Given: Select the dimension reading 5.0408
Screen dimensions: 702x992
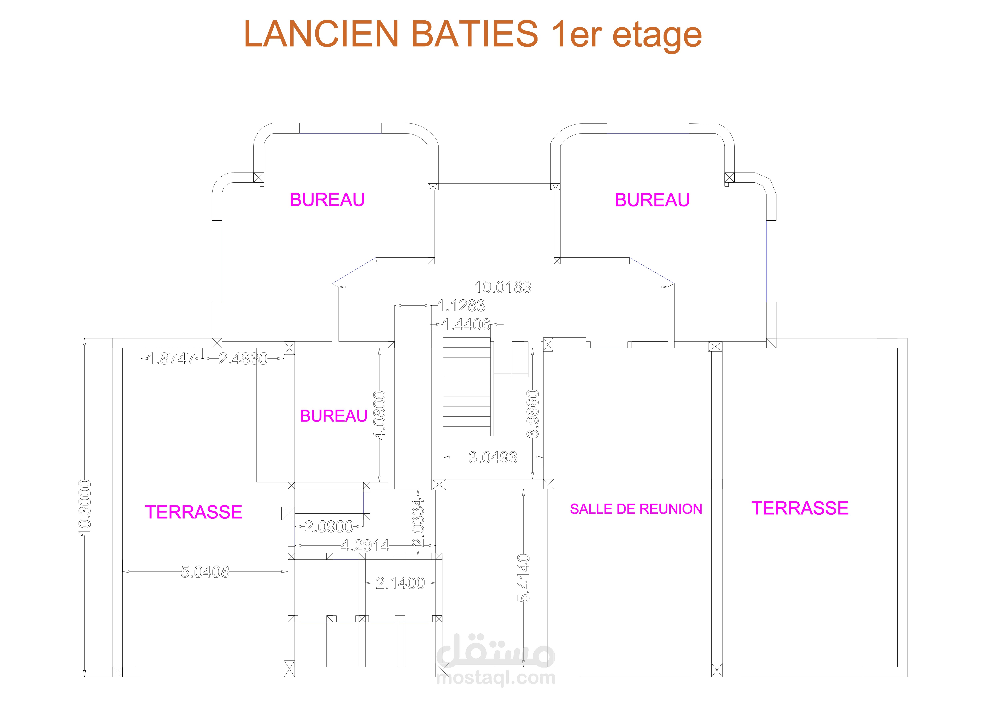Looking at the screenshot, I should point(205,572).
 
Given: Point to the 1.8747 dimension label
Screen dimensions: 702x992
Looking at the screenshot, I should point(172,359).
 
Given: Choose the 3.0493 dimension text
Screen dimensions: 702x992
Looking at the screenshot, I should point(493,457).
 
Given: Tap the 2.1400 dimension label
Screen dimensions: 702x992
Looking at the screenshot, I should point(400,583).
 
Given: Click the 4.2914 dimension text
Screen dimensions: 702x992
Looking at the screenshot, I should point(365,546).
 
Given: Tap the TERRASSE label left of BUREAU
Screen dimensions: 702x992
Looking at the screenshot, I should point(194,512).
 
